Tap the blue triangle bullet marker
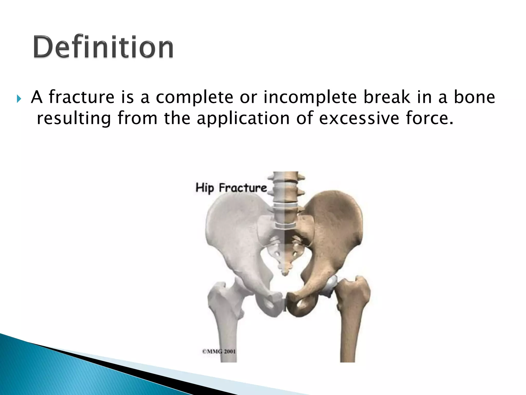click(x=18, y=98)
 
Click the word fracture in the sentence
click(x=81, y=97)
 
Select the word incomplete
click(x=310, y=97)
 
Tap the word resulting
click(x=74, y=118)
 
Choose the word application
click(x=243, y=118)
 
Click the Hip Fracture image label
click(x=231, y=188)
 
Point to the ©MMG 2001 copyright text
click(x=219, y=351)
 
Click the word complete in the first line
click(x=195, y=97)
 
